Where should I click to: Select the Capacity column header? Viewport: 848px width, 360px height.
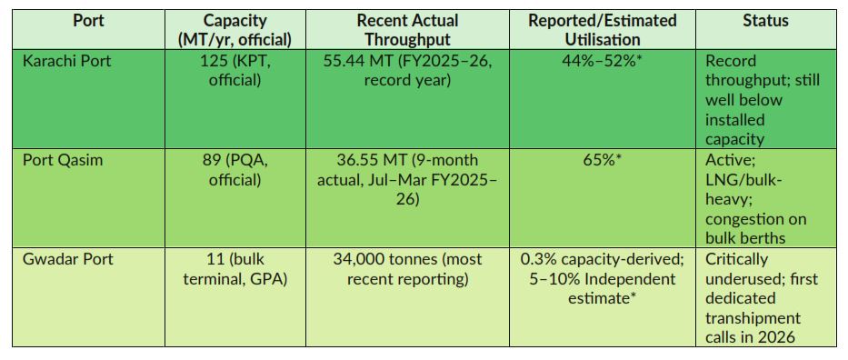(x=235, y=30)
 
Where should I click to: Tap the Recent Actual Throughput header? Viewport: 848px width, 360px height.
(x=407, y=30)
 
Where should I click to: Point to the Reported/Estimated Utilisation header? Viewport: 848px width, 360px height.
(x=602, y=30)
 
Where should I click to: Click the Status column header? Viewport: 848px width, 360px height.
(x=765, y=22)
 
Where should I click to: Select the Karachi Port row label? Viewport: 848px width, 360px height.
(x=66, y=61)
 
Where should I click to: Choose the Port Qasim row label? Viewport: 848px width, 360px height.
(x=62, y=161)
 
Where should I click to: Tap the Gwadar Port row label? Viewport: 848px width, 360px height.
(x=68, y=259)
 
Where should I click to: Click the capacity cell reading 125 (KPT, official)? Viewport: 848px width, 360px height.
(x=235, y=70)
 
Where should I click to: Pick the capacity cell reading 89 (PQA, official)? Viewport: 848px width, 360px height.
(x=235, y=170)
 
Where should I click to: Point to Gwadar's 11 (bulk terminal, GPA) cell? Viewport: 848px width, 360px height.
(x=235, y=269)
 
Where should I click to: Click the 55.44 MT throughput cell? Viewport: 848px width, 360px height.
(x=407, y=70)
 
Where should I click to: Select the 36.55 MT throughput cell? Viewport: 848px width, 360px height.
(x=407, y=179)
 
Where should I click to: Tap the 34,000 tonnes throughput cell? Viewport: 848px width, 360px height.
(x=407, y=269)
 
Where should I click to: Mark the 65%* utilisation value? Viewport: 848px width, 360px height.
(x=602, y=161)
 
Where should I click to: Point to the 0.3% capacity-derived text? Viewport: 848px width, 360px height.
(x=602, y=259)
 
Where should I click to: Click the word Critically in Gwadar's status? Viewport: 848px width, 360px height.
(x=736, y=259)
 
